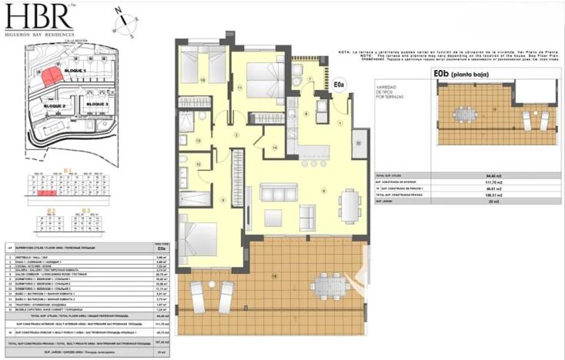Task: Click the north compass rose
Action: [122, 22]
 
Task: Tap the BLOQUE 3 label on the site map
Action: [97, 103]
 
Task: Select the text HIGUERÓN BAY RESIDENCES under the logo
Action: [39, 35]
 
